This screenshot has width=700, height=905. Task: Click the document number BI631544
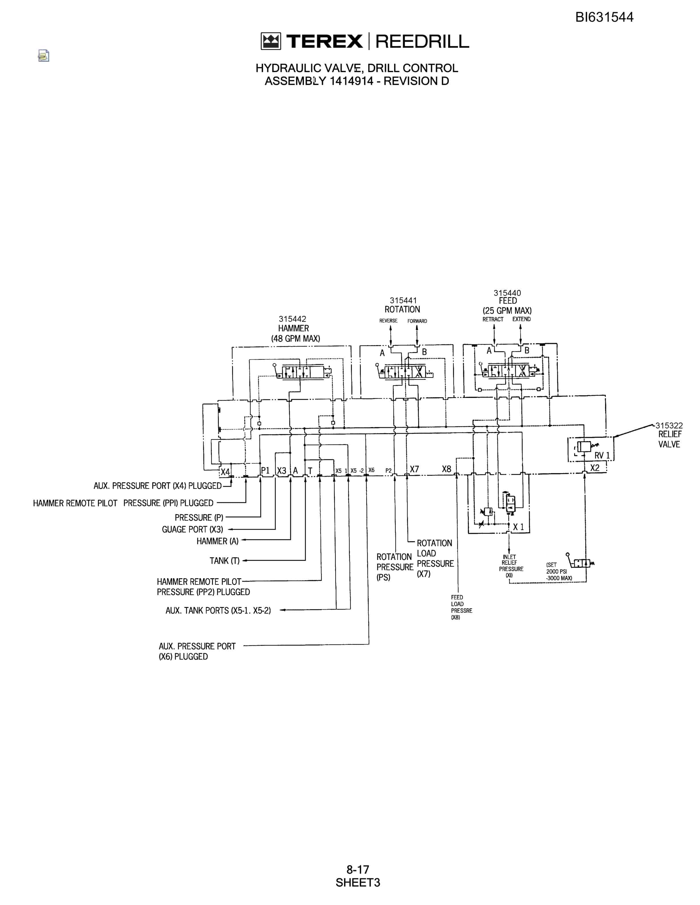pos(604,17)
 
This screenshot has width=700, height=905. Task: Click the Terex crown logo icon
pos(271,41)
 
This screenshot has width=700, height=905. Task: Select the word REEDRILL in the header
pos(422,41)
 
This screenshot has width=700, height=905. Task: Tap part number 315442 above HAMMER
pos(292,319)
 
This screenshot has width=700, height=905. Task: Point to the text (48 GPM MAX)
pos(296,339)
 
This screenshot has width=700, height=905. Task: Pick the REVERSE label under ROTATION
pos(388,321)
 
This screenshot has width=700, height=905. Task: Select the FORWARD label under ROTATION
pos(417,321)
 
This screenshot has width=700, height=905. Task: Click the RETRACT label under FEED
pos(493,319)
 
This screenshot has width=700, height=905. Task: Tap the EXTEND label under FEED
pos(521,319)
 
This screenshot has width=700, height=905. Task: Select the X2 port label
pos(595,468)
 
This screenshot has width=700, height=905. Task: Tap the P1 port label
pos(265,470)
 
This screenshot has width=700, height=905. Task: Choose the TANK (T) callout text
pos(224,561)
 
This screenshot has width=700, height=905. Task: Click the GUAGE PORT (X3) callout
pos(192,529)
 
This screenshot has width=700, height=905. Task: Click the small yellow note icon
pos(43,55)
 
